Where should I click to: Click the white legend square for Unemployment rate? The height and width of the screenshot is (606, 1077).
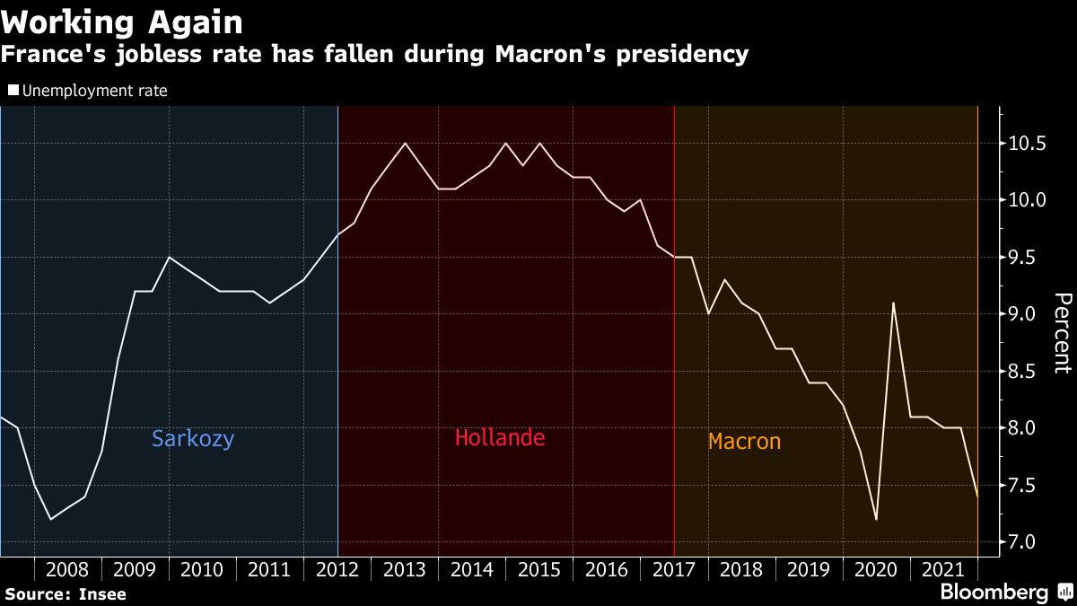pyautogui.click(x=13, y=91)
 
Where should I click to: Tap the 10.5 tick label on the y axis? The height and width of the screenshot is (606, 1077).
pyautogui.click(x=1029, y=144)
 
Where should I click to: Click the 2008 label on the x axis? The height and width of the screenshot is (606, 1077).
pyautogui.click(x=67, y=570)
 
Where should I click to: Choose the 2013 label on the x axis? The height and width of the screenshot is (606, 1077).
pyautogui.click(x=404, y=570)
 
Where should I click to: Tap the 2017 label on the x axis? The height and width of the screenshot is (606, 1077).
pyautogui.click(x=673, y=570)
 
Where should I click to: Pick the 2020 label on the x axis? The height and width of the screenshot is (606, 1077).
pyautogui.click(x=876, y=570)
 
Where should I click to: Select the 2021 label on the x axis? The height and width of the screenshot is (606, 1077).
pyautogui.click(x=943, y=570)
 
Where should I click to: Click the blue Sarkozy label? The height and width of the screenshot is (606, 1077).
pyautogui.click(x=193, y=439)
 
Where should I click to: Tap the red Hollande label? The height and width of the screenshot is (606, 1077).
pyautogui.click(x=500, y=438)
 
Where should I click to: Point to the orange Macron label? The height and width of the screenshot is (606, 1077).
pyautogui.click(x=744, y=442)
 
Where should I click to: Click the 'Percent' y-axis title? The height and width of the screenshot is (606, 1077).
pyautogui.click(x=1062, y=332)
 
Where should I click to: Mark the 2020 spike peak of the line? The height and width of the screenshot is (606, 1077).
pyautogui.click(x=893, y=303)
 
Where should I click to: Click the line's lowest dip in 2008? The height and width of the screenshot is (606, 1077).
pyautogui.click(x=50, y=519)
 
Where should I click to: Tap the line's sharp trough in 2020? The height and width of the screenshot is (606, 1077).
pyautogui.click(x=876, y=519)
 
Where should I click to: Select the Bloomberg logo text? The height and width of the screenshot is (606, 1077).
pyautogui.click(x=994, y=593)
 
